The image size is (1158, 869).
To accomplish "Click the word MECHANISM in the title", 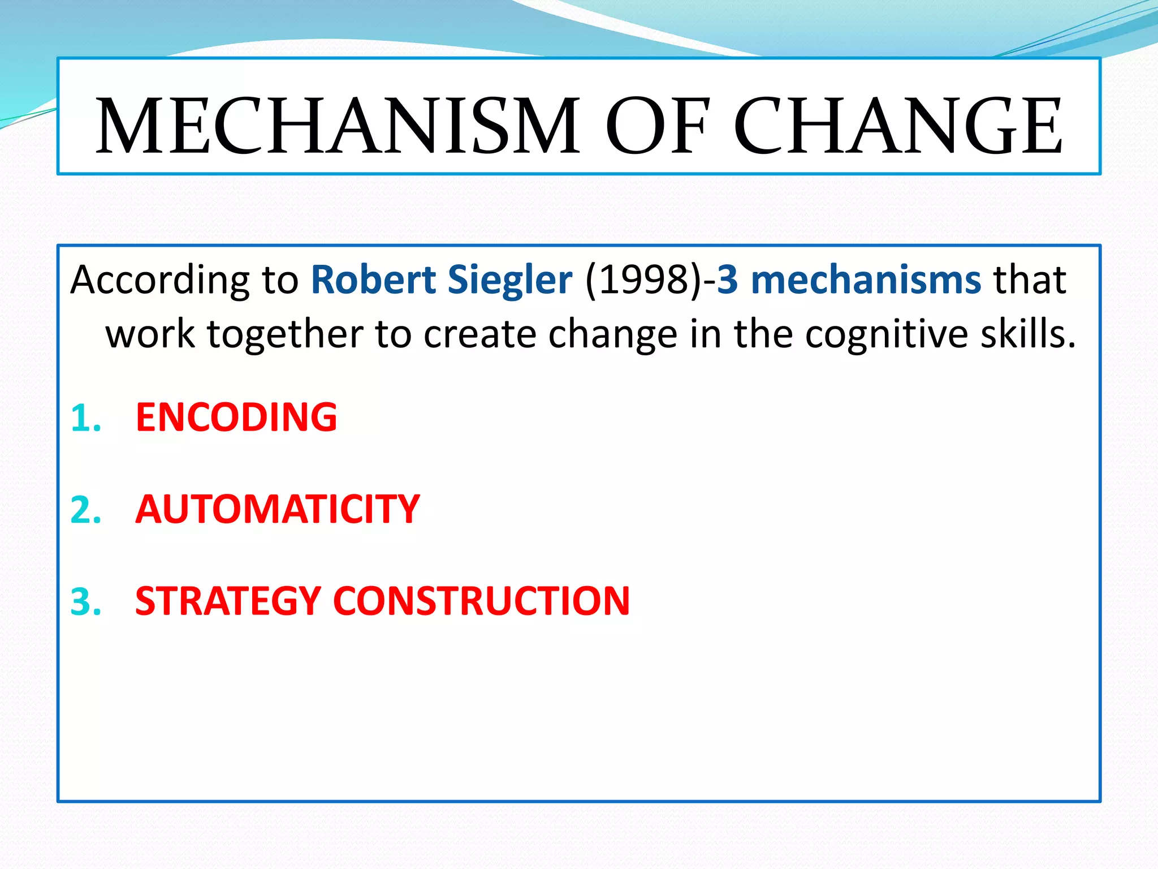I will click(x=338, y=126).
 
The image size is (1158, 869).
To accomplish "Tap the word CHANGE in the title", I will click(x=898, y=126).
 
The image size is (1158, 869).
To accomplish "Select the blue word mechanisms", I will click(x=866, y=279).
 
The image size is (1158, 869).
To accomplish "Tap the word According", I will click(x=159, y=281).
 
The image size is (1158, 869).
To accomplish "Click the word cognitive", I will click(x=887, y=334).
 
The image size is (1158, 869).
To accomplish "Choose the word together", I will click(x=285, y=334).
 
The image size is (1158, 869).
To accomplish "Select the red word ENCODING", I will click(x=236, y=417).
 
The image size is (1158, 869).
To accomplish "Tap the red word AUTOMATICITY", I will click(x=278, y=509).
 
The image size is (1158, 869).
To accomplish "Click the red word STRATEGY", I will click(x=228, y=600).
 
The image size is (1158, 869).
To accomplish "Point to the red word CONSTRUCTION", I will click(x=482, y=600).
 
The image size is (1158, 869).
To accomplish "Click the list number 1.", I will click(x=85, y=419).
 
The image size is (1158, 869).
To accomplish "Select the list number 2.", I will click(x=85, y=510).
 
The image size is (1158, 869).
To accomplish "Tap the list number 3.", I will click(x=85, y=602).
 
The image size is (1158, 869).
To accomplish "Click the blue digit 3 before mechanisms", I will click(x=728, y=279).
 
